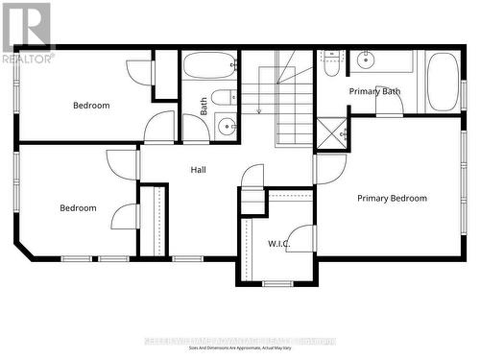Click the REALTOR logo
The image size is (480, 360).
click(x=26, y=32)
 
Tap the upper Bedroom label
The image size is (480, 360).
click(x=91, y=106)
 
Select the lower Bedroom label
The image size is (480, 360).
click(x=78, y=208)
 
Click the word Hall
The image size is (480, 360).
click(x=198, y=170)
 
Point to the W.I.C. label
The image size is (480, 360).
click(x=278, y=244)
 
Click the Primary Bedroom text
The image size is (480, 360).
click(x=392, y=199)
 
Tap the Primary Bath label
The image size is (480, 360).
click(x=375, y=91)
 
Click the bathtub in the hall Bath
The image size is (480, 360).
click(x=208, y=65)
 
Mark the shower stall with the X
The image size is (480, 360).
click(x=332, y=132)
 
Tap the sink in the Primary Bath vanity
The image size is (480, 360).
click(x=366, y=60)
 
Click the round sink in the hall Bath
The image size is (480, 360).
click(x=226, y=125)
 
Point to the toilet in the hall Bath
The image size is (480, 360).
click(x=223, y=97)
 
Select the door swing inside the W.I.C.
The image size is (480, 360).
click(x=301, y=238)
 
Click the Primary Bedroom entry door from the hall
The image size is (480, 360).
click(x=328, y=170)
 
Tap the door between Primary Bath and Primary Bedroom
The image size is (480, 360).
click(x=389, y=102)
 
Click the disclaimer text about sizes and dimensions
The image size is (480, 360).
click(x=239, y=347)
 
